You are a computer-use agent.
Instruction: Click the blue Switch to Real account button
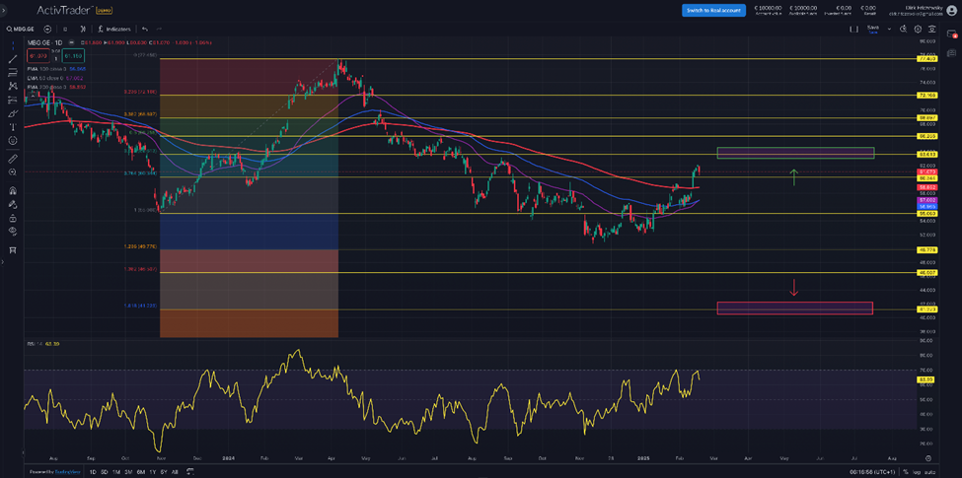pos(712,10)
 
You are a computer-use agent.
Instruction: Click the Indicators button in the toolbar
pos(116,30)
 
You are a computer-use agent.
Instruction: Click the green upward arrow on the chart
pos(793,176)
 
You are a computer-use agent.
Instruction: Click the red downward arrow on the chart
pos(793,287)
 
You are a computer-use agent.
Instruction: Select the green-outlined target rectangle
pos(795,153)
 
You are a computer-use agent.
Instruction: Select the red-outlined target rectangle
pos(795,308)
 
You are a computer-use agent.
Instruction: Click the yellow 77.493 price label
pos(926,59)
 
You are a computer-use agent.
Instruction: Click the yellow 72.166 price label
pos(926,96)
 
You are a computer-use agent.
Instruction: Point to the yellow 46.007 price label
pos(926,272)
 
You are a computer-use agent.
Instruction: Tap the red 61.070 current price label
pos(926,171)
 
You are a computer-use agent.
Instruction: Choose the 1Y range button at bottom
pos(153,472)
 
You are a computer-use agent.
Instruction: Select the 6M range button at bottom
pos(141,472)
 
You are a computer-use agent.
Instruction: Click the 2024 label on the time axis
pos(227,458)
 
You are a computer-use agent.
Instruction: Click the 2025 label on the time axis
pos(643,458)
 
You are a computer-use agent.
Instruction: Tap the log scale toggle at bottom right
pos(917,472)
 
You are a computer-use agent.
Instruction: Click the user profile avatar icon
pos(951,10)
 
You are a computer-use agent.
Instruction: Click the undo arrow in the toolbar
pos(145,30)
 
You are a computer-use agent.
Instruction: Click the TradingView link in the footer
pos(68,472)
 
